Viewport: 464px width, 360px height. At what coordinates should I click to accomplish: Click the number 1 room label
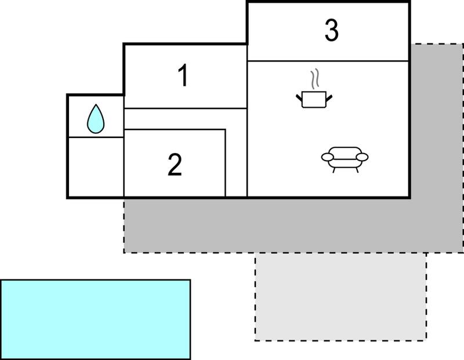click(184, 76)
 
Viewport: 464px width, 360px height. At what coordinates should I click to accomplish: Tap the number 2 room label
click(175, 165)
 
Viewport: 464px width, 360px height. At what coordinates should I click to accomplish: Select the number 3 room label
click(331, 30)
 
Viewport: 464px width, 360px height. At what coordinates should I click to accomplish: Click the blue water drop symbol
click(96, 119)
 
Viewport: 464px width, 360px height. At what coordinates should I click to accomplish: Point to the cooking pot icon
click(314, 99)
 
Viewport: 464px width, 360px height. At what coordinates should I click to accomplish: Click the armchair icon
click(345, 159)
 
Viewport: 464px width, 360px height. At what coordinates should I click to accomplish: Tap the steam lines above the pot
click(314, 79)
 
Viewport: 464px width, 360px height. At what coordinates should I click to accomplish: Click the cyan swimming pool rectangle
click(96, 319)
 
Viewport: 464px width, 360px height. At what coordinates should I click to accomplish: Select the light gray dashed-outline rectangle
click(340, 297)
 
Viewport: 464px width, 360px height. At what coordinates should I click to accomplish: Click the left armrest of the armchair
click(327, 157)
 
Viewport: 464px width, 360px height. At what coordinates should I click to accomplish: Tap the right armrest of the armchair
click(362, 157)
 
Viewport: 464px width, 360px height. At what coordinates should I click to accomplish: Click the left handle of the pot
click(299, 97)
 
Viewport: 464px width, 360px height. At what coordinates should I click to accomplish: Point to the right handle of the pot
click(329, 97)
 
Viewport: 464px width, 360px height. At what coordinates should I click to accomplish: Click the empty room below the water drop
click(96, 166)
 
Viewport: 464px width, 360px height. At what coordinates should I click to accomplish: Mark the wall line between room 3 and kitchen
click(328, 61)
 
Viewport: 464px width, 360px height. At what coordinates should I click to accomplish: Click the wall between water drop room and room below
click(96, 137)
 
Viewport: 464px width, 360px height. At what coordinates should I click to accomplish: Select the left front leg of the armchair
click(334, 170)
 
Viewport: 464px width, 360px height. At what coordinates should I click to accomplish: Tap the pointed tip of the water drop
click(96, 104)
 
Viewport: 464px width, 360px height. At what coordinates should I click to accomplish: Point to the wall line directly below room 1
click(186, 108)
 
